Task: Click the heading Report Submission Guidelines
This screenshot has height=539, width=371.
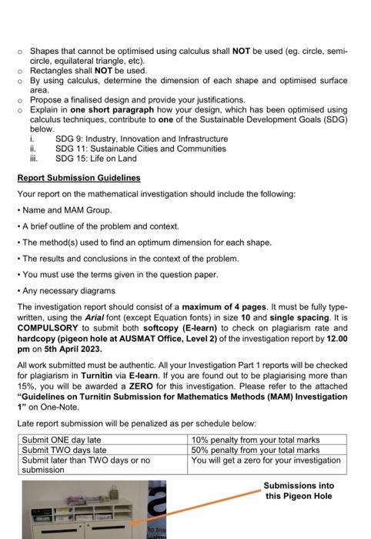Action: click(79, 178)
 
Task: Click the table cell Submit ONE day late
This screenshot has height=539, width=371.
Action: click(62, 440)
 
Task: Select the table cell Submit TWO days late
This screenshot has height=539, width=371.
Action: click(62, 450)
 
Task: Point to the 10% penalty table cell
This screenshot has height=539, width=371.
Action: click(255, 440)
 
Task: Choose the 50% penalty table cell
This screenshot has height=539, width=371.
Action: click(255, 450)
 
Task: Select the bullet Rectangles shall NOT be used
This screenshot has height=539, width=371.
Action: click(88, 70)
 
